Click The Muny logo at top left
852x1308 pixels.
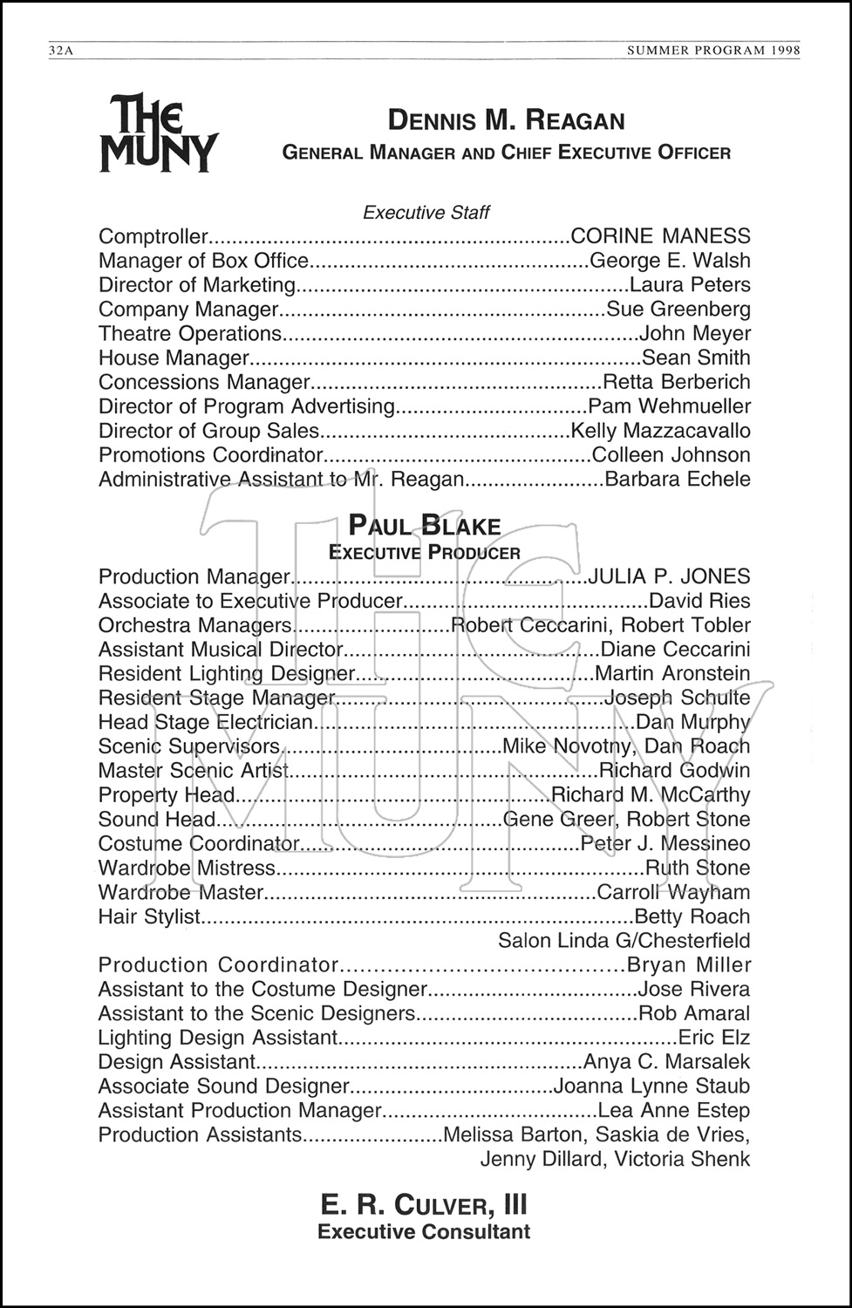tap(158, 133)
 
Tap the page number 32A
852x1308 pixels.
tap(61, 51)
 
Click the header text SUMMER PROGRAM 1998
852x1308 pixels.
tap(713, 51)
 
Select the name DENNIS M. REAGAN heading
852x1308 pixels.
tap(506, 120)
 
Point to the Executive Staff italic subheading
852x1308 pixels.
tap(426, 212)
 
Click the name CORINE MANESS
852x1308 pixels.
tap(660, 236)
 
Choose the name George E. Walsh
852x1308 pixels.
tap(670, 261)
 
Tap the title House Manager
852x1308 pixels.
tap(174, 358)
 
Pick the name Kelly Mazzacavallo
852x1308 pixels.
tap(660, 431)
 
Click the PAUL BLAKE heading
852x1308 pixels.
tap(425, 526)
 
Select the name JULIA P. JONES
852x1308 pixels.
tap(669, 576)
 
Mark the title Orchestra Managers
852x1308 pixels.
tap(194, 625)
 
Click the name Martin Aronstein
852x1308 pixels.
tap(671, 673)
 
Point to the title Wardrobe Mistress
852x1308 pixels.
tap(187, 868)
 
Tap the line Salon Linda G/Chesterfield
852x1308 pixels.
tap(624, 941)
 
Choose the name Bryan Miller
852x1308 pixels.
tap(689, 965)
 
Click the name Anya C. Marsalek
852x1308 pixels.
tap(666, 1062)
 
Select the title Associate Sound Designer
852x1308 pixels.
tap(223, 1087)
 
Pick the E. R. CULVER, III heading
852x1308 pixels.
tap(424, 1205)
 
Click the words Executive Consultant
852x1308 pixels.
tap(424, 1232)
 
